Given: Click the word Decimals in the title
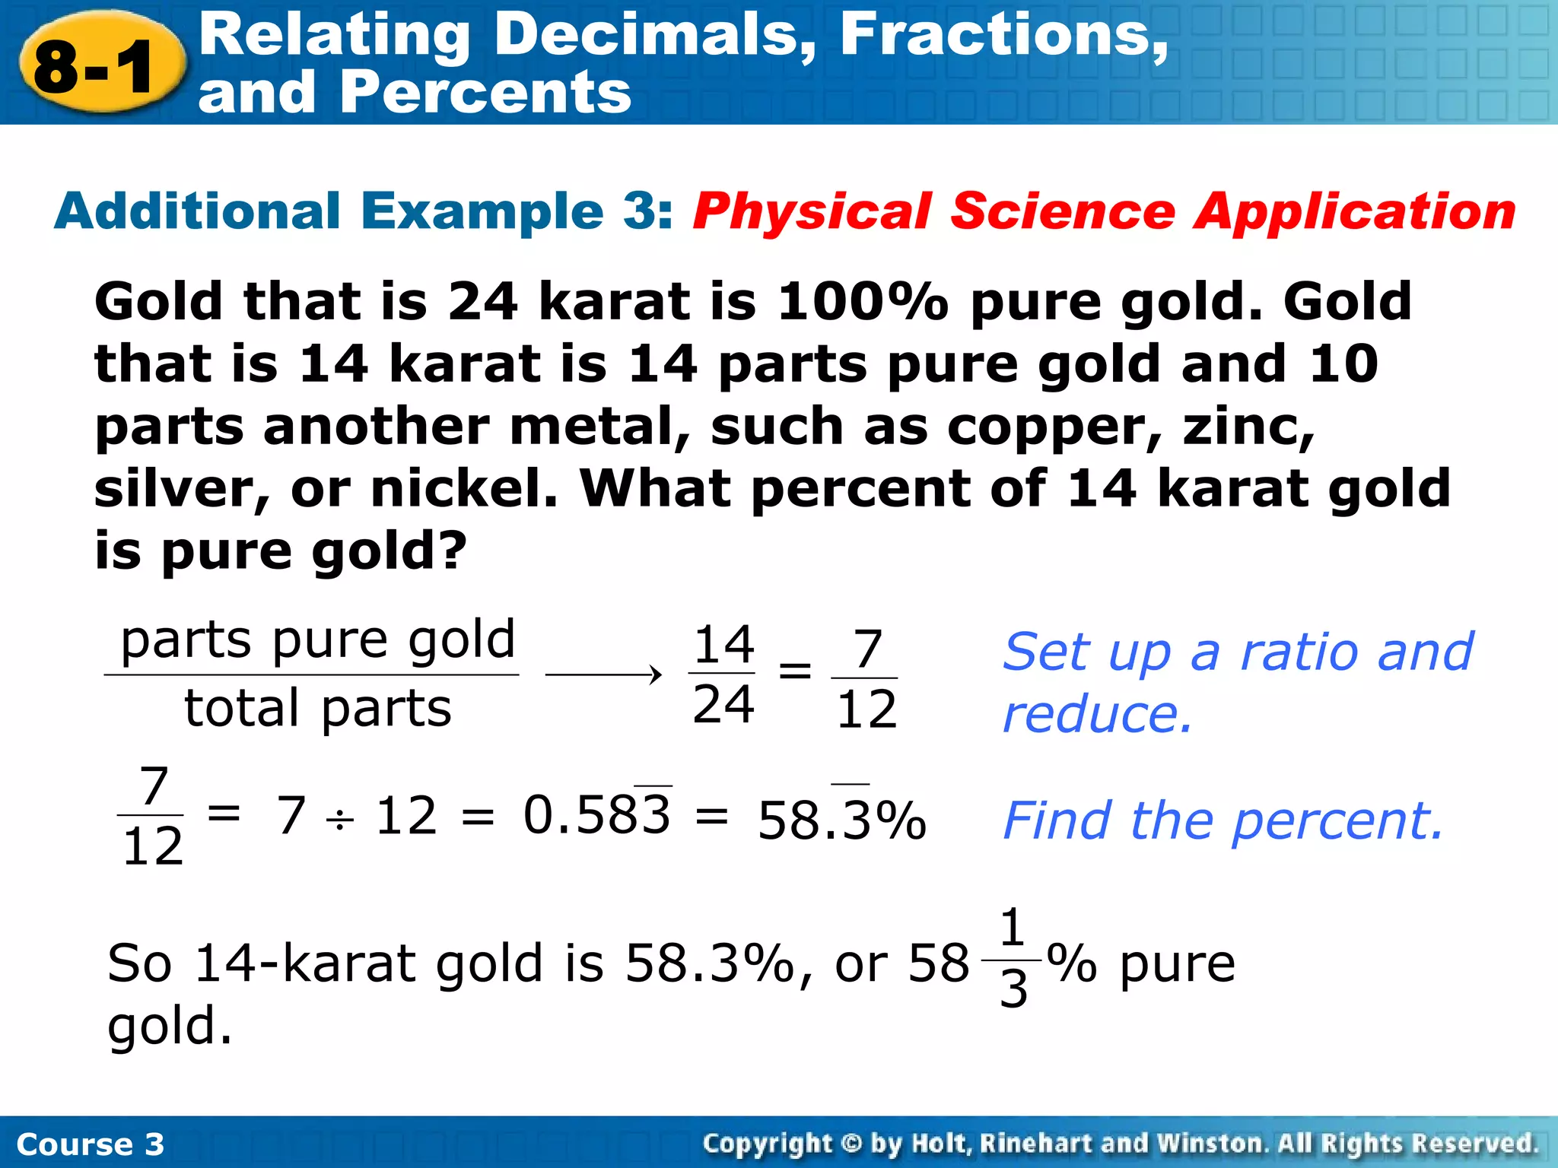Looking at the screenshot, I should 654,35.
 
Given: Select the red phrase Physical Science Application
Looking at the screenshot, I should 1103,211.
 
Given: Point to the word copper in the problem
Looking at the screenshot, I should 1054,427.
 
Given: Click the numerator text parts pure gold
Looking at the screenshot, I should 318,640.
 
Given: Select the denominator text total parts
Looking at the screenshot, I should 318,708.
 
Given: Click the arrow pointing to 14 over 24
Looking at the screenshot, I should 604,674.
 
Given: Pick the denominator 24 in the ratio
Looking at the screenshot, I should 723,704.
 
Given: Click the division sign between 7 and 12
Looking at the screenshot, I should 340,820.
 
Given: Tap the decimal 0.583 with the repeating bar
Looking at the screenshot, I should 597,815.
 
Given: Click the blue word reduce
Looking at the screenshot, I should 1096,715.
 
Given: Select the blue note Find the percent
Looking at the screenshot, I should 1222,821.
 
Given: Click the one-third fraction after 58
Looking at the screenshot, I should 1013,958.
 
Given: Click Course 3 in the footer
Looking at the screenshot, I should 90,1144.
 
